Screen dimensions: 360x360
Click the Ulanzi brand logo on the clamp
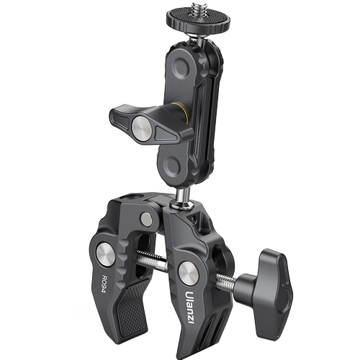point(189,307)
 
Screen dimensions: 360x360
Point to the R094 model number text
point(105,284)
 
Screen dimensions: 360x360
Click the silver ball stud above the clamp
point(181,197)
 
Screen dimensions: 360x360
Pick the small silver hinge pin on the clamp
point(146,220)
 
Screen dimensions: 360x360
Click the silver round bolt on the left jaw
point(106,254)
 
